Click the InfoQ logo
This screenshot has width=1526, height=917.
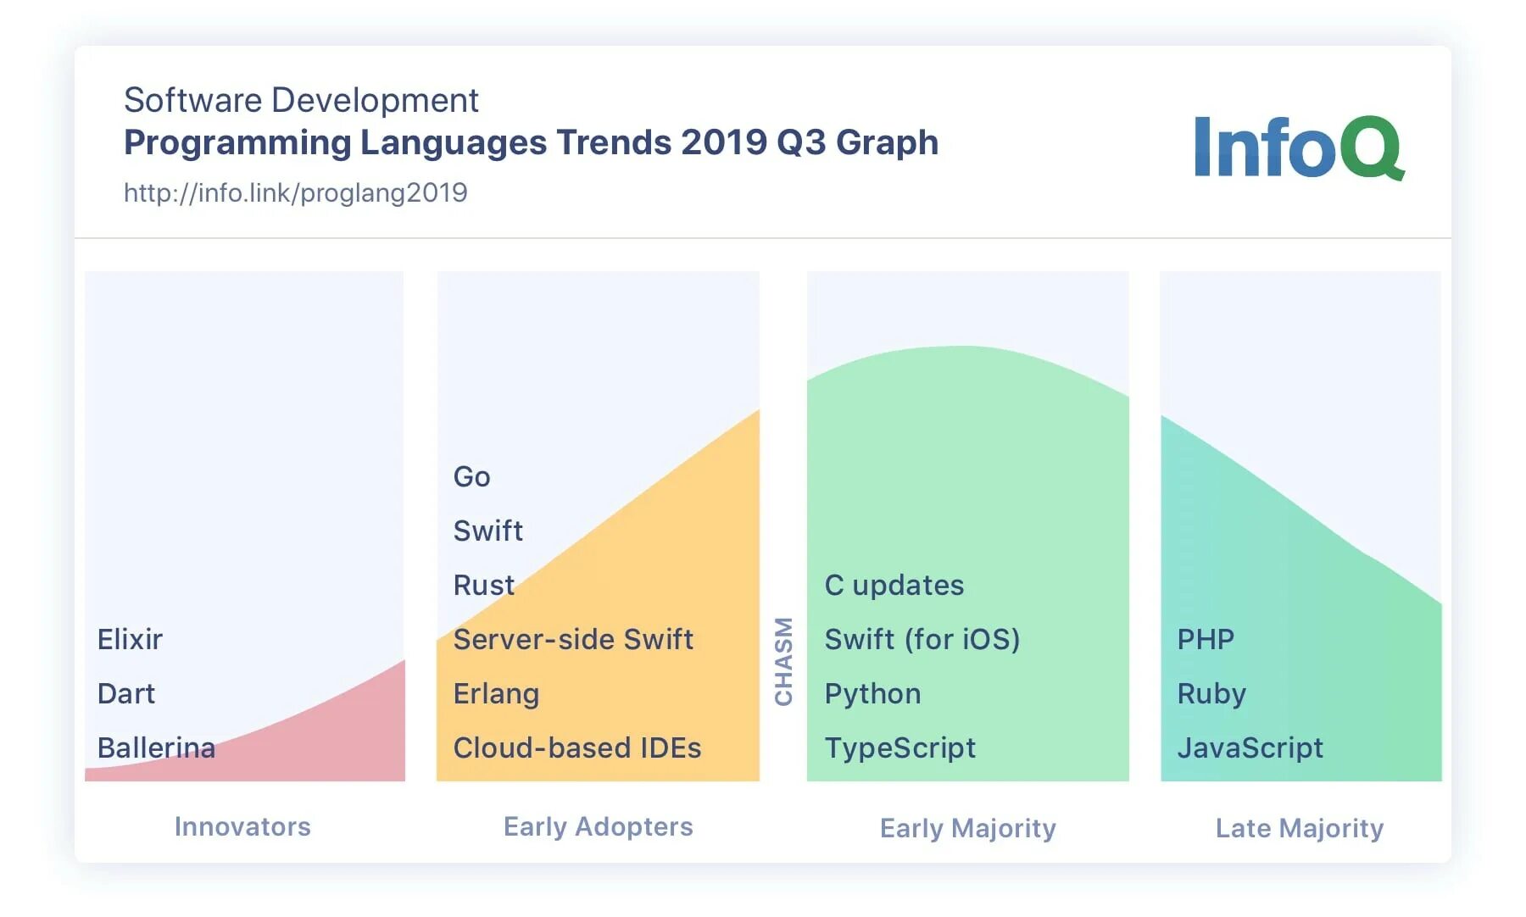tap(1299, 147)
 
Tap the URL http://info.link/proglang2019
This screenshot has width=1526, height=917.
tap(295, 193)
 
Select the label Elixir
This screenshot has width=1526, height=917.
tap(130, 639)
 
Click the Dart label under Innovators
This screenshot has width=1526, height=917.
tap(126, 693)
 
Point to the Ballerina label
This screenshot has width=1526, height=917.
tap(156, 747)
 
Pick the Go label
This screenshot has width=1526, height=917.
tap(471, 476)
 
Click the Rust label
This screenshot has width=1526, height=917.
tap(484, 585)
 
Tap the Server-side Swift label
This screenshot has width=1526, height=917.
tap(573, 639)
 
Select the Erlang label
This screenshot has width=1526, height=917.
tap(496, 693)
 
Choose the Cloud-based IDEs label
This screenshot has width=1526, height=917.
tap(577, 747)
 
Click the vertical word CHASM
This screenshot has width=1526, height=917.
tap(783, 661)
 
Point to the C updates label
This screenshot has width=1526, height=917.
tap(894, 585)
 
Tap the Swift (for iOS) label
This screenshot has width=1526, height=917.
tap(922, 639)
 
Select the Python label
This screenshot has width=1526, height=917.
tap(872, 693)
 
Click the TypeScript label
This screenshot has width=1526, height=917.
tap(900, 747)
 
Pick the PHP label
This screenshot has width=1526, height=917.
tap(1206, 639)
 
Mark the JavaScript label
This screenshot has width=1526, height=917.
tap(1250, 747)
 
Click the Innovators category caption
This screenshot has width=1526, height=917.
tap(242, 826)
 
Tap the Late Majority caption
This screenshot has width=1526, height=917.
tap(1300, 828)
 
